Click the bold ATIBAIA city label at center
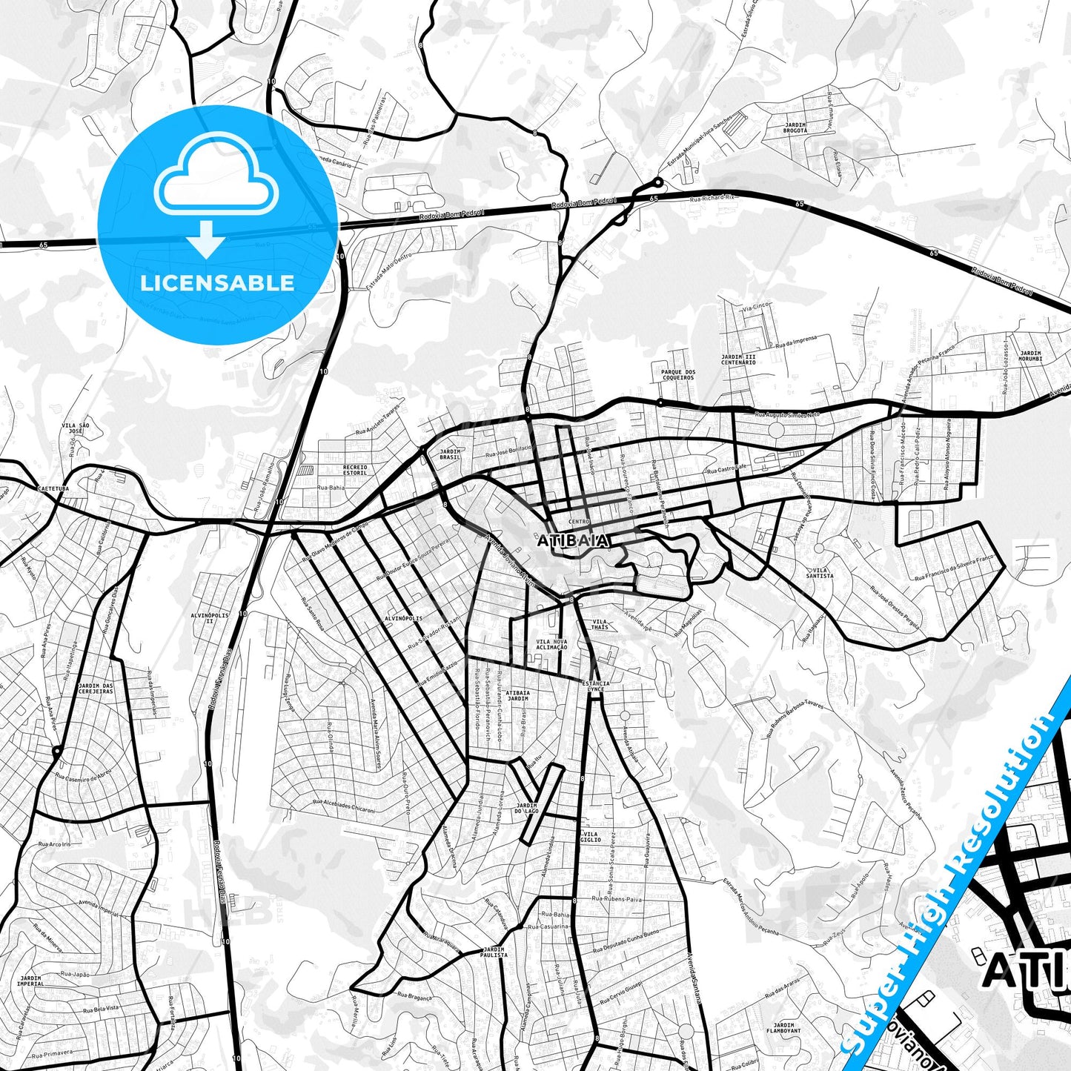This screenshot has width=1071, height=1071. point(573,541)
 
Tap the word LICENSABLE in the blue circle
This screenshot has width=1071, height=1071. point(217,283)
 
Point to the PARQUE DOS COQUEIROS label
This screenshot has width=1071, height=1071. point(678,375)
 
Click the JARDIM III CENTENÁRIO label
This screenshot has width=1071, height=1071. point(738,359)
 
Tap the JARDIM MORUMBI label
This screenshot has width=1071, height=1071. point(1030,356)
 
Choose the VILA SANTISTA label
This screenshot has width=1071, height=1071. point(820,573)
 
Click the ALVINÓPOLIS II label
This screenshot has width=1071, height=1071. point(210,618)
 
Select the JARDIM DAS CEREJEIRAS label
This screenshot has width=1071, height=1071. point(96,689)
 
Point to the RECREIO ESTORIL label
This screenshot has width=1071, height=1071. point(355,471)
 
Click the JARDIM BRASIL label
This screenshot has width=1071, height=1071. point(450,454)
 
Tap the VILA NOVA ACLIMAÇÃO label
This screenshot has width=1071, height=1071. point(551,644)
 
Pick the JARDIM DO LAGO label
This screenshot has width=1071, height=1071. point(527,808)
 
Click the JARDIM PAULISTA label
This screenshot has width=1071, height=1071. point(494,952)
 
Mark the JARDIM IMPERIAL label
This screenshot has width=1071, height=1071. point(30,981)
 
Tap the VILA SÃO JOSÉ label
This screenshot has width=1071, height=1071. point(75,428)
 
